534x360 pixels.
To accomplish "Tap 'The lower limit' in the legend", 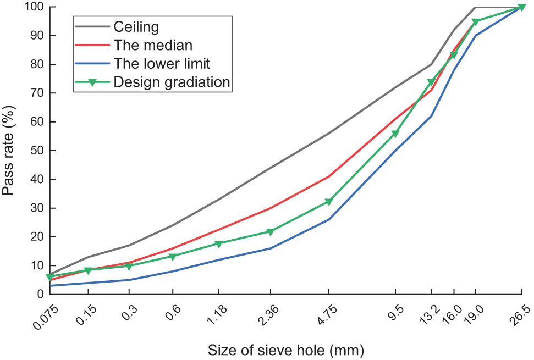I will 163,63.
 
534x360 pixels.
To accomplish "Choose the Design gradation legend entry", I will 172,82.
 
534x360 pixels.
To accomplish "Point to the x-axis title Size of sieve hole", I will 286,349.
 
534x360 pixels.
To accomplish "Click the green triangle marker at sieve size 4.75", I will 329,202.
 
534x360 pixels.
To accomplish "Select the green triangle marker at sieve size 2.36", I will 270,231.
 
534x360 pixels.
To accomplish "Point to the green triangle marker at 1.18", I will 219,243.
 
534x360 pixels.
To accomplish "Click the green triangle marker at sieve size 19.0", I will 475,22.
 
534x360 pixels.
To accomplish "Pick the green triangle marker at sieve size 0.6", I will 173,256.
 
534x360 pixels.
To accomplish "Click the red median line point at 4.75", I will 329,176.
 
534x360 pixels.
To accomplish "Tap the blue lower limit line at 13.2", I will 432,116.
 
